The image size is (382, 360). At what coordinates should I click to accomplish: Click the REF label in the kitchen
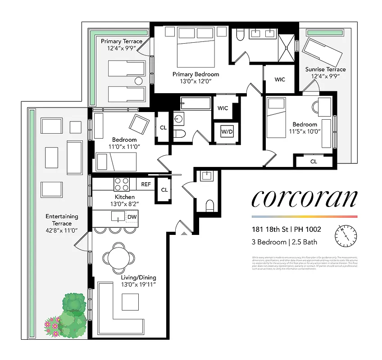146,184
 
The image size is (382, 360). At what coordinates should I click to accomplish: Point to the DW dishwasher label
132,217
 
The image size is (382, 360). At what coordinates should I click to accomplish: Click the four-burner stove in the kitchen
121,184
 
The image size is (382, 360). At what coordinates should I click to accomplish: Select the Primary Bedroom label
196,74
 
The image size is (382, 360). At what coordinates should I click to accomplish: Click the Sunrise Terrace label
325,69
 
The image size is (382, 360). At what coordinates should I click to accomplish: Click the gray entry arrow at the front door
183,234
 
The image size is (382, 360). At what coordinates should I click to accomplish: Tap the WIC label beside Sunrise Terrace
280,80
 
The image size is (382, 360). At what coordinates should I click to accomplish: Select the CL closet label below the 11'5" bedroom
313,161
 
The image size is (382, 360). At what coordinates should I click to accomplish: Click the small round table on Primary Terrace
139,81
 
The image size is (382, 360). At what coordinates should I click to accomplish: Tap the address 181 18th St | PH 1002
286,229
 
